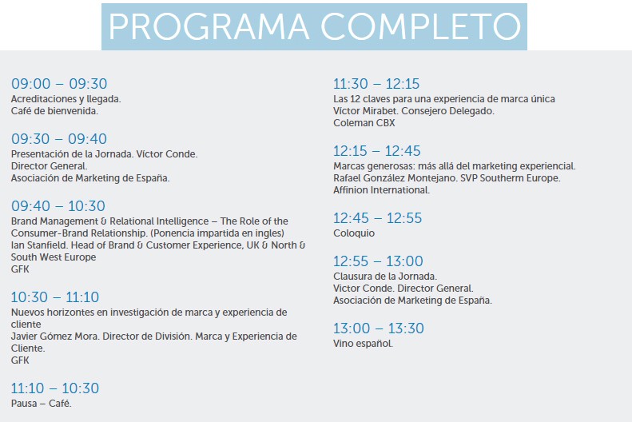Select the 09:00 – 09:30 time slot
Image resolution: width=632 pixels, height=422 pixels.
pos(59,84)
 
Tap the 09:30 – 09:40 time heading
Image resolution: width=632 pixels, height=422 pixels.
pos(59,139)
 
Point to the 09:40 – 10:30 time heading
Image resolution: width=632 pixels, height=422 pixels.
pos(58,206)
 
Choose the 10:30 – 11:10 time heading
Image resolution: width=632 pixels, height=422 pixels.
pos(55,297)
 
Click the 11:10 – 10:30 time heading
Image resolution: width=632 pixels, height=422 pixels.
pos(55,388)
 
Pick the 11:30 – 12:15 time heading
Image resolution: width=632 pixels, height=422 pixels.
pos(376,84)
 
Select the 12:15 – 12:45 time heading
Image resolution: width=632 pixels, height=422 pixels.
pos(377,151)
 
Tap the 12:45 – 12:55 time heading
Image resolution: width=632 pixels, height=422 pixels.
pos(377,218)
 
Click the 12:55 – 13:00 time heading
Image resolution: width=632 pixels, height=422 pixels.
pos(378,261)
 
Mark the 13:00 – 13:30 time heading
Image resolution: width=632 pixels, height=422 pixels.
pos(379,328)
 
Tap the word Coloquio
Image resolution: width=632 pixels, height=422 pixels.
pos(354,233)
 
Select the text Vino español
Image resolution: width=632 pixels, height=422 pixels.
pos(363,344)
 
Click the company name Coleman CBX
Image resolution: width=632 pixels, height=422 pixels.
pos(364,123)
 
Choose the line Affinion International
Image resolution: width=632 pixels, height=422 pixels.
pos(382,190)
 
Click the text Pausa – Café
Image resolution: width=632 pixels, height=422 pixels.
pos(42,404)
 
